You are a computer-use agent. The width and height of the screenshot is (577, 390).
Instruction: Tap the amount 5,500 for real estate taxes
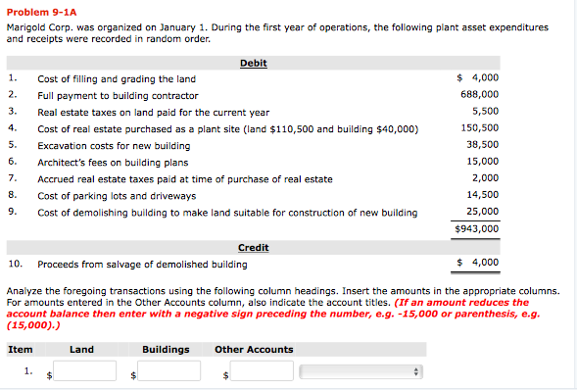tap(485, 112)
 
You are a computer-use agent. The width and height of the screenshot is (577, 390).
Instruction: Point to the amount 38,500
tap(482, 145)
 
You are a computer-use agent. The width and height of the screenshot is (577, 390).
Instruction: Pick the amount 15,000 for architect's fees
tap(482, 162)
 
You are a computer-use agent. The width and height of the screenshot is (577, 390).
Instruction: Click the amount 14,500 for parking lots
tap(482, 195)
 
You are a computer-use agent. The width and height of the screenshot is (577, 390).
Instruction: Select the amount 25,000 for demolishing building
tap(482, 212)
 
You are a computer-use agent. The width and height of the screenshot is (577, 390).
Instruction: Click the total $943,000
tap(477, 229)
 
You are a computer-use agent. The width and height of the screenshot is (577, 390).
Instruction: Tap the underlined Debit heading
tap(253, 64)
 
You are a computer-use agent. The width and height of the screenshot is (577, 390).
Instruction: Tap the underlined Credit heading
tap(253, 248)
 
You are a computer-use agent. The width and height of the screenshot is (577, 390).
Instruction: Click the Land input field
tap(86, 371)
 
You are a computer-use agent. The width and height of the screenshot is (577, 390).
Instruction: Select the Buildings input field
tap(169, 371)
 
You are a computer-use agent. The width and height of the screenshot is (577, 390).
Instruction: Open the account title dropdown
tap(361, 371)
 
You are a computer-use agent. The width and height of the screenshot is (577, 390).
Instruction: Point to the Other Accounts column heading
tap(254, 350)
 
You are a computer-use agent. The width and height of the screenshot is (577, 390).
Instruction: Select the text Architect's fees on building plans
tap(113, 162)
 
